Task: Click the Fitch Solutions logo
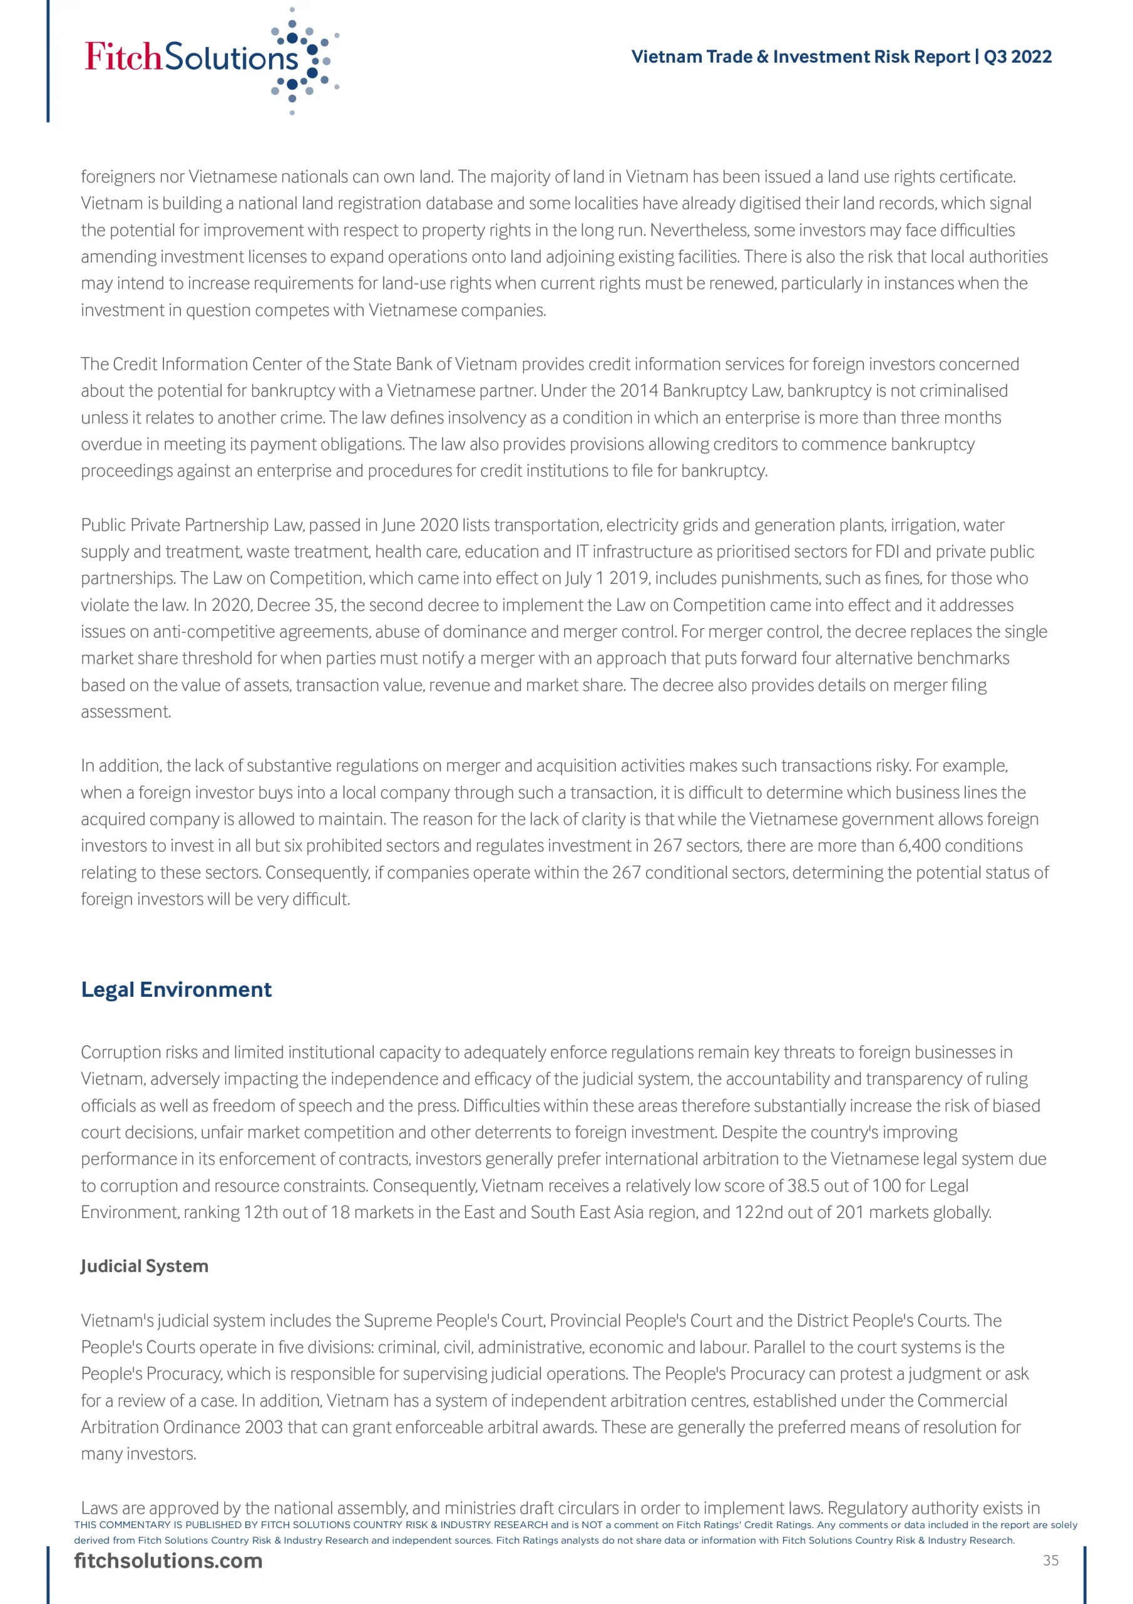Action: [210, 59]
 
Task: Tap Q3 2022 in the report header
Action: [1017, 56]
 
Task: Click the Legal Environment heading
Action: [176, 989]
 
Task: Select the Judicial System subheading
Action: [145, 1266]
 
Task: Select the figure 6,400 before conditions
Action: [920, 845]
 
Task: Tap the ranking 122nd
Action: [759, 1212]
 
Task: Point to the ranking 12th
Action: [261, 1212]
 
